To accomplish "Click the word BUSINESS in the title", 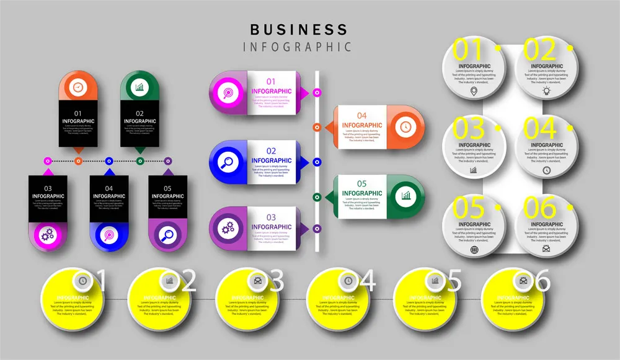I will pos(299,29).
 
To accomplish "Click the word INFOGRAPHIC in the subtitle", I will pos(298,47).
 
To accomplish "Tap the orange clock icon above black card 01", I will pos(78,87).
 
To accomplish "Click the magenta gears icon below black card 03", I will pos(48,235).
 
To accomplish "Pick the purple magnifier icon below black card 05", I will pos(168,235).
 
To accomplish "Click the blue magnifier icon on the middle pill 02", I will pos(228,162).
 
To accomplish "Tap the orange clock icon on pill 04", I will pos(405,126).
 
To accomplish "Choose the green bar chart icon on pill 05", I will pos(406,196).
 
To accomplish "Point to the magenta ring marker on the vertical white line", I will pos(317,92).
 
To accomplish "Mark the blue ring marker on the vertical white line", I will pos(317,162).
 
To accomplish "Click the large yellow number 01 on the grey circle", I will pos(469,50).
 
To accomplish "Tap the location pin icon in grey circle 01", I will pos(474,91).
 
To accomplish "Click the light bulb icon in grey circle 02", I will pos(546,91).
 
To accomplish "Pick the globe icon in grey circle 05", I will pos(474,250).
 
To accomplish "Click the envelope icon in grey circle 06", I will pos(546,249).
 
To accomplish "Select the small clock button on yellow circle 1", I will pos(82,281).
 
